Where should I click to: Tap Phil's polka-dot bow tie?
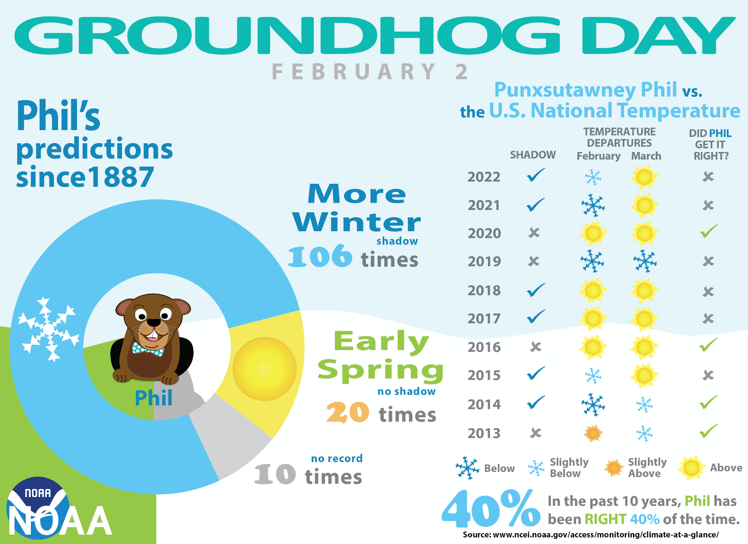(148, 348)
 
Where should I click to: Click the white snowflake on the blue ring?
(49, 329)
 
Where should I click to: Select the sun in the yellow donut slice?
(265, 369)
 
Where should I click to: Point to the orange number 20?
(348, 413)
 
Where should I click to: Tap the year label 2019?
(484, 261)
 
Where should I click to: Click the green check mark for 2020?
(709, 231)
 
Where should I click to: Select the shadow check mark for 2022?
(536, 175)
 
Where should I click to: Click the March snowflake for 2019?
(645, 261)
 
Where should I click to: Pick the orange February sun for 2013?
(593, 434)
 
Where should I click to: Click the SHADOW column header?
(532, 155)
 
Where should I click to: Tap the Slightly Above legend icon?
(614, 468)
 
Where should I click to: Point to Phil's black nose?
(154, 323)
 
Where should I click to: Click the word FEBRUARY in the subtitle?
(353, 72)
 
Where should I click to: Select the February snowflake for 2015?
(593, 376)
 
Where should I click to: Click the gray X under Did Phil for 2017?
(708, 319)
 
